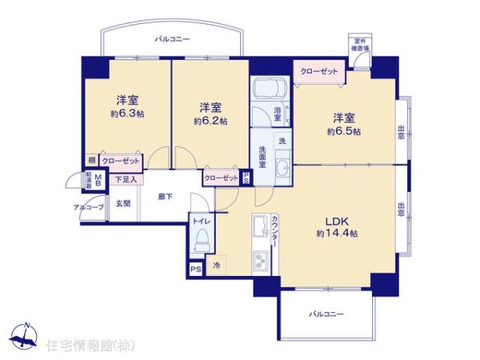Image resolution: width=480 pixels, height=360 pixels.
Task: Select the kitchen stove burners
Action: (261, 261)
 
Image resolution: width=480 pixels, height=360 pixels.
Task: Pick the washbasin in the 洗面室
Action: (282, 167)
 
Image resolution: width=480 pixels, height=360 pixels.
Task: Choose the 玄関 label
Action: (123, 204)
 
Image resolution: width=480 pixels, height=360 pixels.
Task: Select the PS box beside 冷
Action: (195, 269)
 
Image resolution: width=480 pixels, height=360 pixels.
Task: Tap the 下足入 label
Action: (124, 179)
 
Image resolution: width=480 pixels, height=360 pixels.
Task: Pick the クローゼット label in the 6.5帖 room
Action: (318, 71)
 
